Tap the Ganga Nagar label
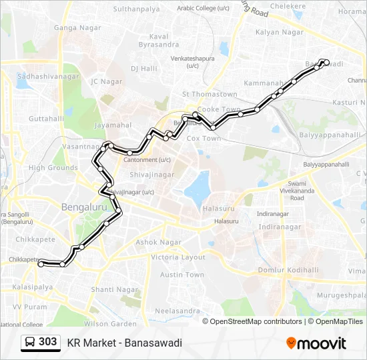77,28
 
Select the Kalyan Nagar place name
279,32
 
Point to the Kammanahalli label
264,83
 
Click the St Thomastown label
210,95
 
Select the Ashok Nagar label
159,242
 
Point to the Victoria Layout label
178,257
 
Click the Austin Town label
182,275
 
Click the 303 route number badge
48,342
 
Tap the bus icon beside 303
30,343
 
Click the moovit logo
316,343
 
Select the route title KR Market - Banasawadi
124,343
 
